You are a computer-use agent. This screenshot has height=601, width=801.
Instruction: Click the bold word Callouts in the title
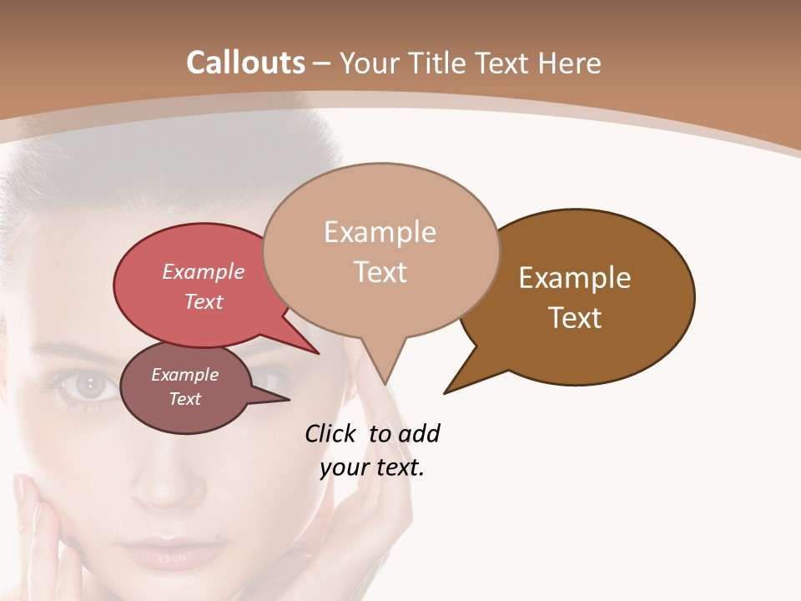(245, 63)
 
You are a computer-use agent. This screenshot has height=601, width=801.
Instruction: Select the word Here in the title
(571, 63)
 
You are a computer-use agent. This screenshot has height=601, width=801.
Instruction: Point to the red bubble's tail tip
(319, 353)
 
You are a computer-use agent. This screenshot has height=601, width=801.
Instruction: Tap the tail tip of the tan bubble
(385, 383)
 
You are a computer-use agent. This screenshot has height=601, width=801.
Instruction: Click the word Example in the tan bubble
(380, 232)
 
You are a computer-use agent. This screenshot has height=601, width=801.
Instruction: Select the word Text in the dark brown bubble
(575, 318)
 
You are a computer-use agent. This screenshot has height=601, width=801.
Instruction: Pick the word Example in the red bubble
(204, 271)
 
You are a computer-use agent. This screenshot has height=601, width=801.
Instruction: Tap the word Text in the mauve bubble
(185, 399)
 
